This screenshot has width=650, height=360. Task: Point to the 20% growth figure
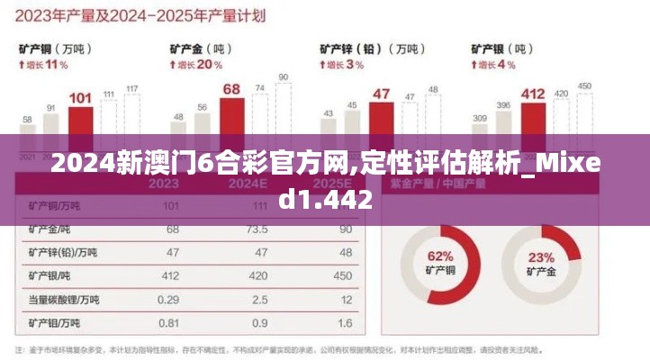point(209,65)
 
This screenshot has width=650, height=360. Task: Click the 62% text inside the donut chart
point(439,256)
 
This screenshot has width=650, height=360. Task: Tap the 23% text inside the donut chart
point(540,256)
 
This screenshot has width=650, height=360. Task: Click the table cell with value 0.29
point(167,299)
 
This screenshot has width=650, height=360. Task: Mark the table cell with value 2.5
point(261,299)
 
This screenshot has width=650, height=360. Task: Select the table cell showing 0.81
point(167,322)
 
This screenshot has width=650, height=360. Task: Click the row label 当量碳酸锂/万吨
point(63,299)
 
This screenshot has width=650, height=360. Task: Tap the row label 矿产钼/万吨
point(56,322)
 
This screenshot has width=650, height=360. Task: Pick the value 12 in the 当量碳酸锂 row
point(346,299)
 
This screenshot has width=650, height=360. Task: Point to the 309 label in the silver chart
point(480,118)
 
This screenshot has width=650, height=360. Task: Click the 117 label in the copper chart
point(132,88)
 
